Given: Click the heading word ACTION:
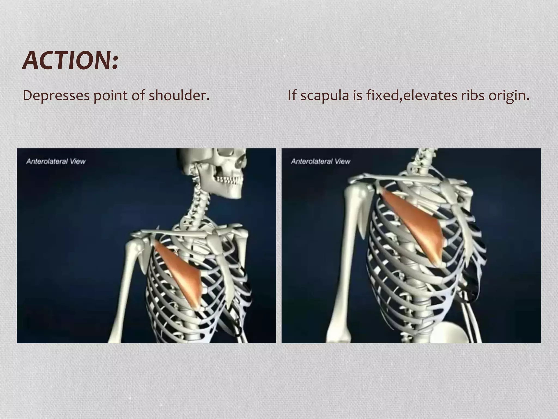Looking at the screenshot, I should point(70,61).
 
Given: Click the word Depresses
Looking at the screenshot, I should point(56,96).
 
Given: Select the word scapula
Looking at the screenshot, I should point(325,96).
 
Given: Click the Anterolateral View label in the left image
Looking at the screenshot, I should point(56,161).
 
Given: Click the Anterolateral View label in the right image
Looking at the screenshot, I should point(321,161).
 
